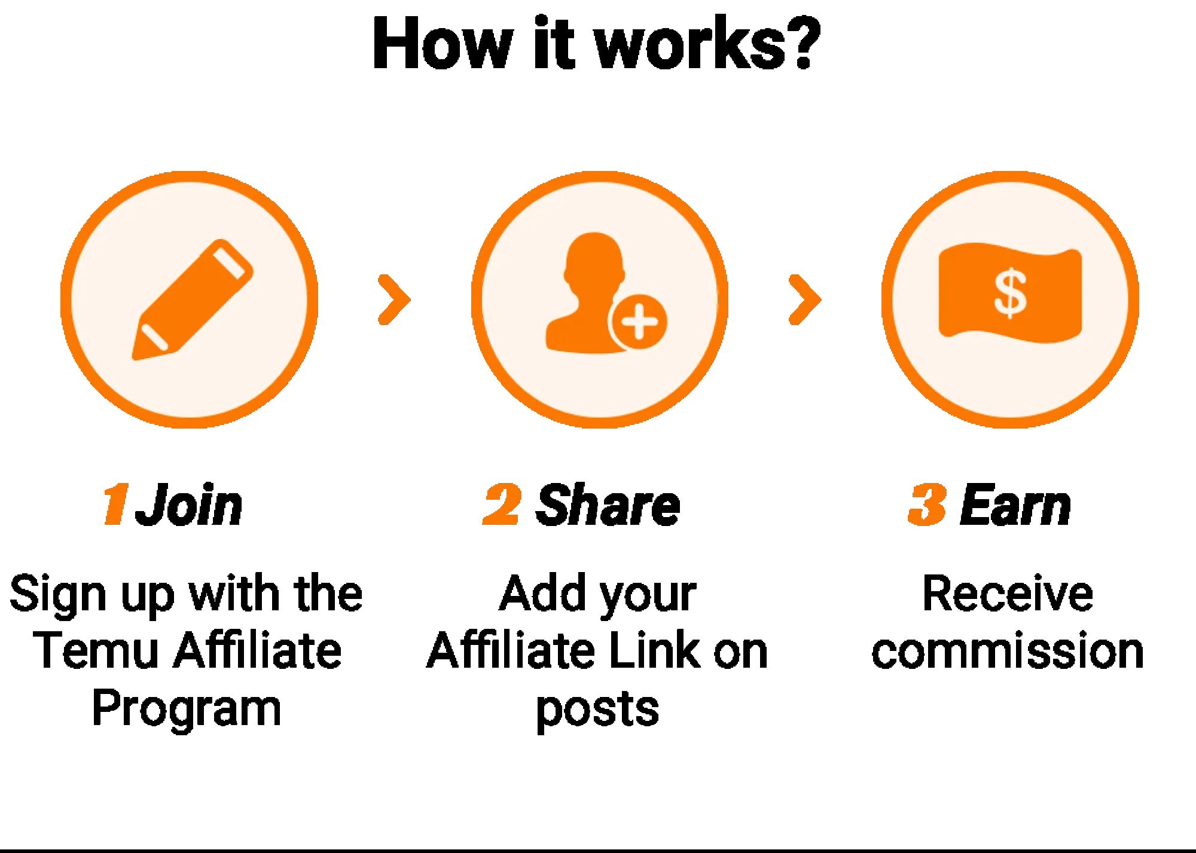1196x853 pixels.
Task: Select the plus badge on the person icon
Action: (639, 322)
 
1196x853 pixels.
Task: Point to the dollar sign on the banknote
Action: (1010, 293)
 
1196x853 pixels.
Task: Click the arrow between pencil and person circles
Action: (394, 300)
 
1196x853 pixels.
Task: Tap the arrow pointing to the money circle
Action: (805, 300)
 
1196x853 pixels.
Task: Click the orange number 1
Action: (114, 505)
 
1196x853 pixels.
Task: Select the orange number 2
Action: (502, 505)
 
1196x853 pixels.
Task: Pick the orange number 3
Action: (926, 505)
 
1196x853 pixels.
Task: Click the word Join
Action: (189, 506)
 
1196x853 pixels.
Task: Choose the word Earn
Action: (1015, 506)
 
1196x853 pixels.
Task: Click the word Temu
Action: (96, 650)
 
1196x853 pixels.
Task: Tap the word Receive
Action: (1008, 594)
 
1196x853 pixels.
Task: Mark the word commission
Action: (1008, 650)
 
